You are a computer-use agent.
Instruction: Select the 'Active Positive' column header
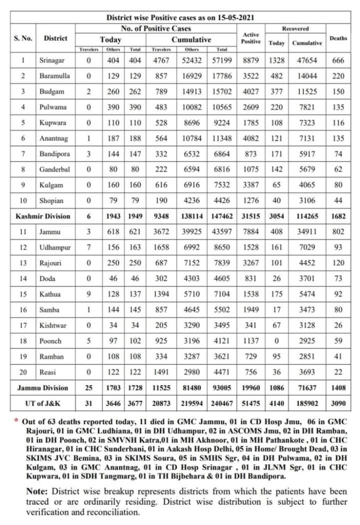point(251,38)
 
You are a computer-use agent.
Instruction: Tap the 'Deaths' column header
point(338,38)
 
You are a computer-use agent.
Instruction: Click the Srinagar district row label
point(52,60)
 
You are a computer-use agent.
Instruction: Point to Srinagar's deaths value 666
point(338,60)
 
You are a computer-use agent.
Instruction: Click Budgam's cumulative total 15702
point(222,91)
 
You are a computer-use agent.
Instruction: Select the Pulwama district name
point(51,107)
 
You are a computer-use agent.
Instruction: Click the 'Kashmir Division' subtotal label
point(43,216)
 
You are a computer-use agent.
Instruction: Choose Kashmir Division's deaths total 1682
point(338,216)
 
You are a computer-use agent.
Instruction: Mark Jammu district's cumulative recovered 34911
point(307,232)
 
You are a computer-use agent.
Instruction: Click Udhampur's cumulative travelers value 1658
point(162,247)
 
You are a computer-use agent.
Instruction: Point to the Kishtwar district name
point(52,325)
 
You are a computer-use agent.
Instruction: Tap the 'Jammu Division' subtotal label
point(43,388)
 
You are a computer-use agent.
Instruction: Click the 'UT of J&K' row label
point(43,403)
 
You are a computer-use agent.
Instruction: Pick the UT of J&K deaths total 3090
point(338,403)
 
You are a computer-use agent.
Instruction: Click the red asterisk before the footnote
point(17,420)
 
